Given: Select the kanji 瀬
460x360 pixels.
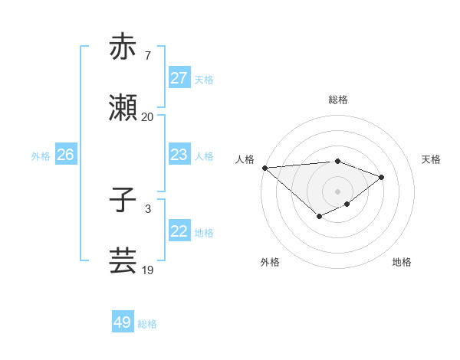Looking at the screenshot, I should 123,109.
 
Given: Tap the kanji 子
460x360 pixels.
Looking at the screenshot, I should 123,201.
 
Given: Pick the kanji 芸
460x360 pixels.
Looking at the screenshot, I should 123,261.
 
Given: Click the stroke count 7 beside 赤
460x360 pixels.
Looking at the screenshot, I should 148,55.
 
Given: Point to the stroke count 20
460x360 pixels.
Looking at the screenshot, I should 148,117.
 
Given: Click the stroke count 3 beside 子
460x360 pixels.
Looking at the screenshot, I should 148,208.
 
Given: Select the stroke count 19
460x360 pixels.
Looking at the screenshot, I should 148,270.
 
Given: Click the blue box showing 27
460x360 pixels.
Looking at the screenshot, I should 179,78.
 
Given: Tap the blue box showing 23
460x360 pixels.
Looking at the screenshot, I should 179,155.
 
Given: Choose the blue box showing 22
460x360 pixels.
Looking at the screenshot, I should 179,231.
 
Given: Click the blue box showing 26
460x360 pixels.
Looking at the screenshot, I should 65,155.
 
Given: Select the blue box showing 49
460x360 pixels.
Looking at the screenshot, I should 122,322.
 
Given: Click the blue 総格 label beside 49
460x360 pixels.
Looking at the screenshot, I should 147,324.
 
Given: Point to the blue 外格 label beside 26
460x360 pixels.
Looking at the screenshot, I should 41,155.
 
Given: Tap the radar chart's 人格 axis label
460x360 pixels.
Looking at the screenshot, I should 245,159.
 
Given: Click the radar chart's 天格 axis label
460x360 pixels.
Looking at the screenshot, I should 432,159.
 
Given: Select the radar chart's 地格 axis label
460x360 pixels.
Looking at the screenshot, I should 402,262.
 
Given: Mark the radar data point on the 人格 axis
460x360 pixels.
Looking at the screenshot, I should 264,168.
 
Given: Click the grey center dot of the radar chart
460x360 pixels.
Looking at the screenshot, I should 337,191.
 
